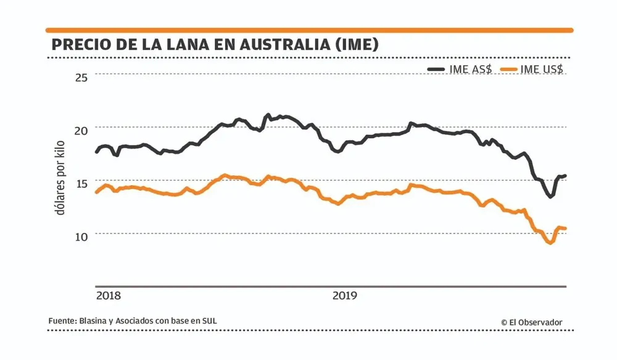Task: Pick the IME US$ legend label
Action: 542,70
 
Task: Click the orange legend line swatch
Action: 508,70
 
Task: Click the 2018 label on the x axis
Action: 109,296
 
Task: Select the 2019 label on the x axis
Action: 345,296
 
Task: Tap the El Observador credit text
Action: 531,322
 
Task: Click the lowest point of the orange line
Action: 549,243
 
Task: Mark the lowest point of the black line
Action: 550,197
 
